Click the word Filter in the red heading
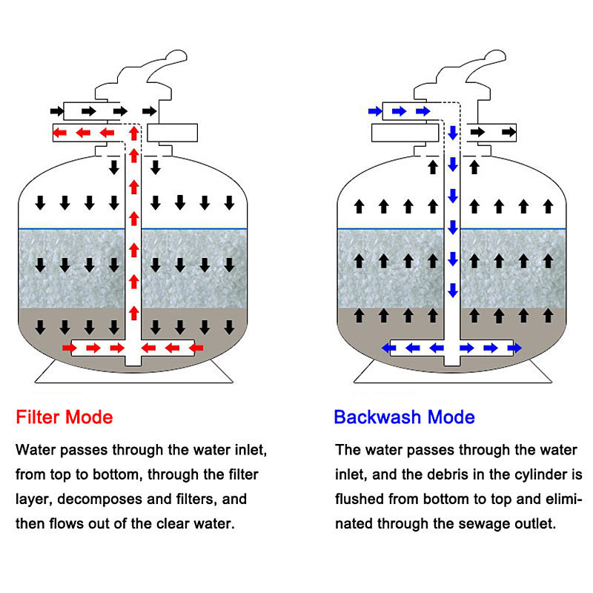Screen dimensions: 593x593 point(38,417)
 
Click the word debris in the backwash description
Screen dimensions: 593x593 point(440,474)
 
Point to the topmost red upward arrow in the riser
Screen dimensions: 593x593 point(133,133)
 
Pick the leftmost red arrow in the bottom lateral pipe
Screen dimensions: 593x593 point(70,347)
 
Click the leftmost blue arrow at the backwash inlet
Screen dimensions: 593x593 point(376,111)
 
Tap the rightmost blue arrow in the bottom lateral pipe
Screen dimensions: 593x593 point(514,347)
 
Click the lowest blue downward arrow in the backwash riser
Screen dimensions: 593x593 point(452,290)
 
